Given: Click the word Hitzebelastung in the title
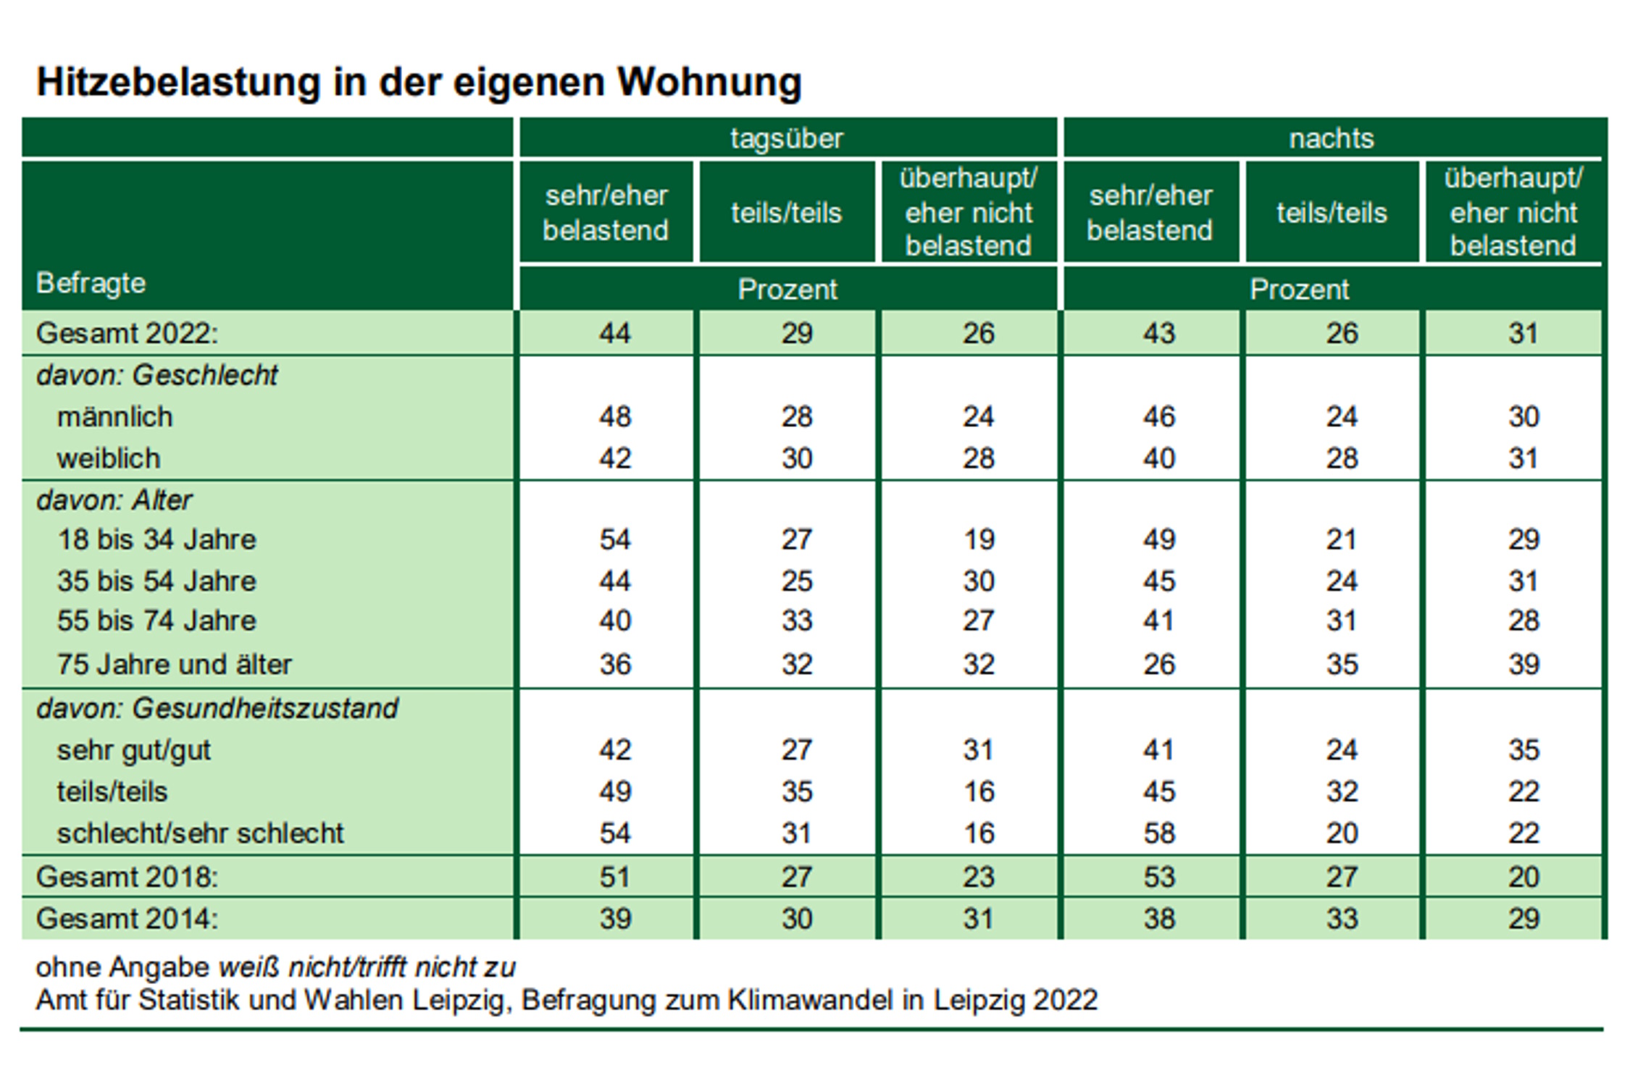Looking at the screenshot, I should [178, 82].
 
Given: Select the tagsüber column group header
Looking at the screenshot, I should [787, 138].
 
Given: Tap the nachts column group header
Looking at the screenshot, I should [1331, 138].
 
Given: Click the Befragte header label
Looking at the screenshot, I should [91, 283].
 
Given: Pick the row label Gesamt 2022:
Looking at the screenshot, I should [127, 334].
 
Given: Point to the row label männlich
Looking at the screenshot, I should [115, 417].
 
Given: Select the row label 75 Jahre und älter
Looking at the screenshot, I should [174, 665].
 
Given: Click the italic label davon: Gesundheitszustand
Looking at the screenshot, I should [217, 708].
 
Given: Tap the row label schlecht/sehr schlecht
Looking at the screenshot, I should [200, 833].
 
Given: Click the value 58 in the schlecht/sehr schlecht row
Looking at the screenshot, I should [1158, 833].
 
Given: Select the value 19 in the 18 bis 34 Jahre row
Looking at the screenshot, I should [979, 539].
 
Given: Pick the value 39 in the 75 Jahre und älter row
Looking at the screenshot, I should [1523, 665].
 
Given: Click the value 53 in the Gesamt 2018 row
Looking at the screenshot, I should [1158, 877].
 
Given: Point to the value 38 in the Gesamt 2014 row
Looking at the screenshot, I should [1158, 919].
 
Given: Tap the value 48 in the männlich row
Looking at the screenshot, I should [615, 417].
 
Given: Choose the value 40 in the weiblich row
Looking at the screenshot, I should [1158, 458].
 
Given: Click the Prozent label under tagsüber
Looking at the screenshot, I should [787, 290].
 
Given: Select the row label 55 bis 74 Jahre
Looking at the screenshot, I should [156, 621].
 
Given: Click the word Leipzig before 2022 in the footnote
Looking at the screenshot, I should [978, 1001].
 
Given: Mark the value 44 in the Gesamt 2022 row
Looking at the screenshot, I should [615, 334].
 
